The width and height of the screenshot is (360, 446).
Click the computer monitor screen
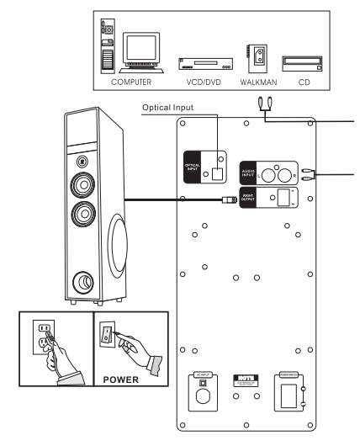(140, 52)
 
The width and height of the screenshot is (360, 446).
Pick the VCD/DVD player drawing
(199, 63)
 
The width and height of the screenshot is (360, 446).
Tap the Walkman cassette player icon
(257, 57)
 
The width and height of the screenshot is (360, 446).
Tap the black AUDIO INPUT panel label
(249, 172)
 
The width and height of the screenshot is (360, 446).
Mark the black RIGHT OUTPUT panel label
(249, 198)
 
